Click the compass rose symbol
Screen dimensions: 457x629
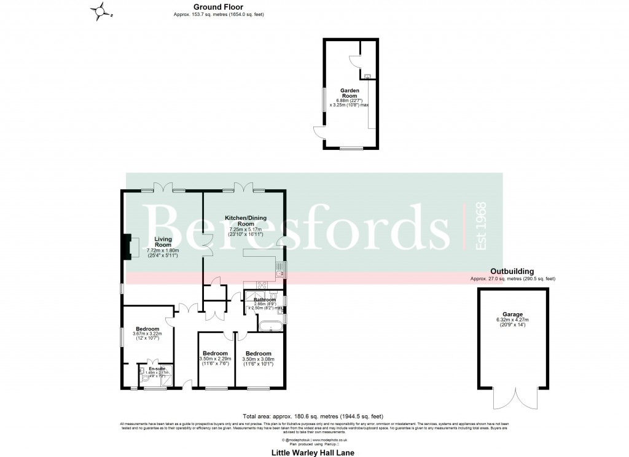tap(101, 10)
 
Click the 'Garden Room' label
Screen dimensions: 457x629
tap(350, 93)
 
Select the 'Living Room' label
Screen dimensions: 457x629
tap(163, 241)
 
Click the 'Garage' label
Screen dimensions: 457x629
tap(512, 314)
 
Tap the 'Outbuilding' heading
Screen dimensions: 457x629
tap(512, 271)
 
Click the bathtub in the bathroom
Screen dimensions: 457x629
tap(270, 326)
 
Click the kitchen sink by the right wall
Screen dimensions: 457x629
tap(279, 266)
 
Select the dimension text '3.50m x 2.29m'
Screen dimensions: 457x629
tap(215, 359)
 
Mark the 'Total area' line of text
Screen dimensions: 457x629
tap(313, 416)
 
